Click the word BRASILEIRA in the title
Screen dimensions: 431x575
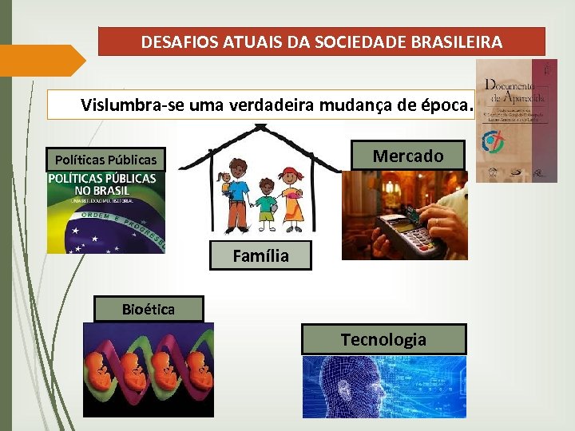(458, 42)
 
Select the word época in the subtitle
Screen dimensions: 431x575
(446, 105)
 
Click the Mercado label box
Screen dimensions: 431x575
(408, 156)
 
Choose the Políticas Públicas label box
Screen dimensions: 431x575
(105, 160)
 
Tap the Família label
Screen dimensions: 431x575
(260, 256)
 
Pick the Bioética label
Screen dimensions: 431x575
(149, 309)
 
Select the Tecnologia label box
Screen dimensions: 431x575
(383, 339)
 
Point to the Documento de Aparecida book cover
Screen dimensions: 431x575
(517, 120)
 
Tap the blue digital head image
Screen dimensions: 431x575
(383, 387)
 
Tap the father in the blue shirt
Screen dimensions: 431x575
(237, 192)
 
